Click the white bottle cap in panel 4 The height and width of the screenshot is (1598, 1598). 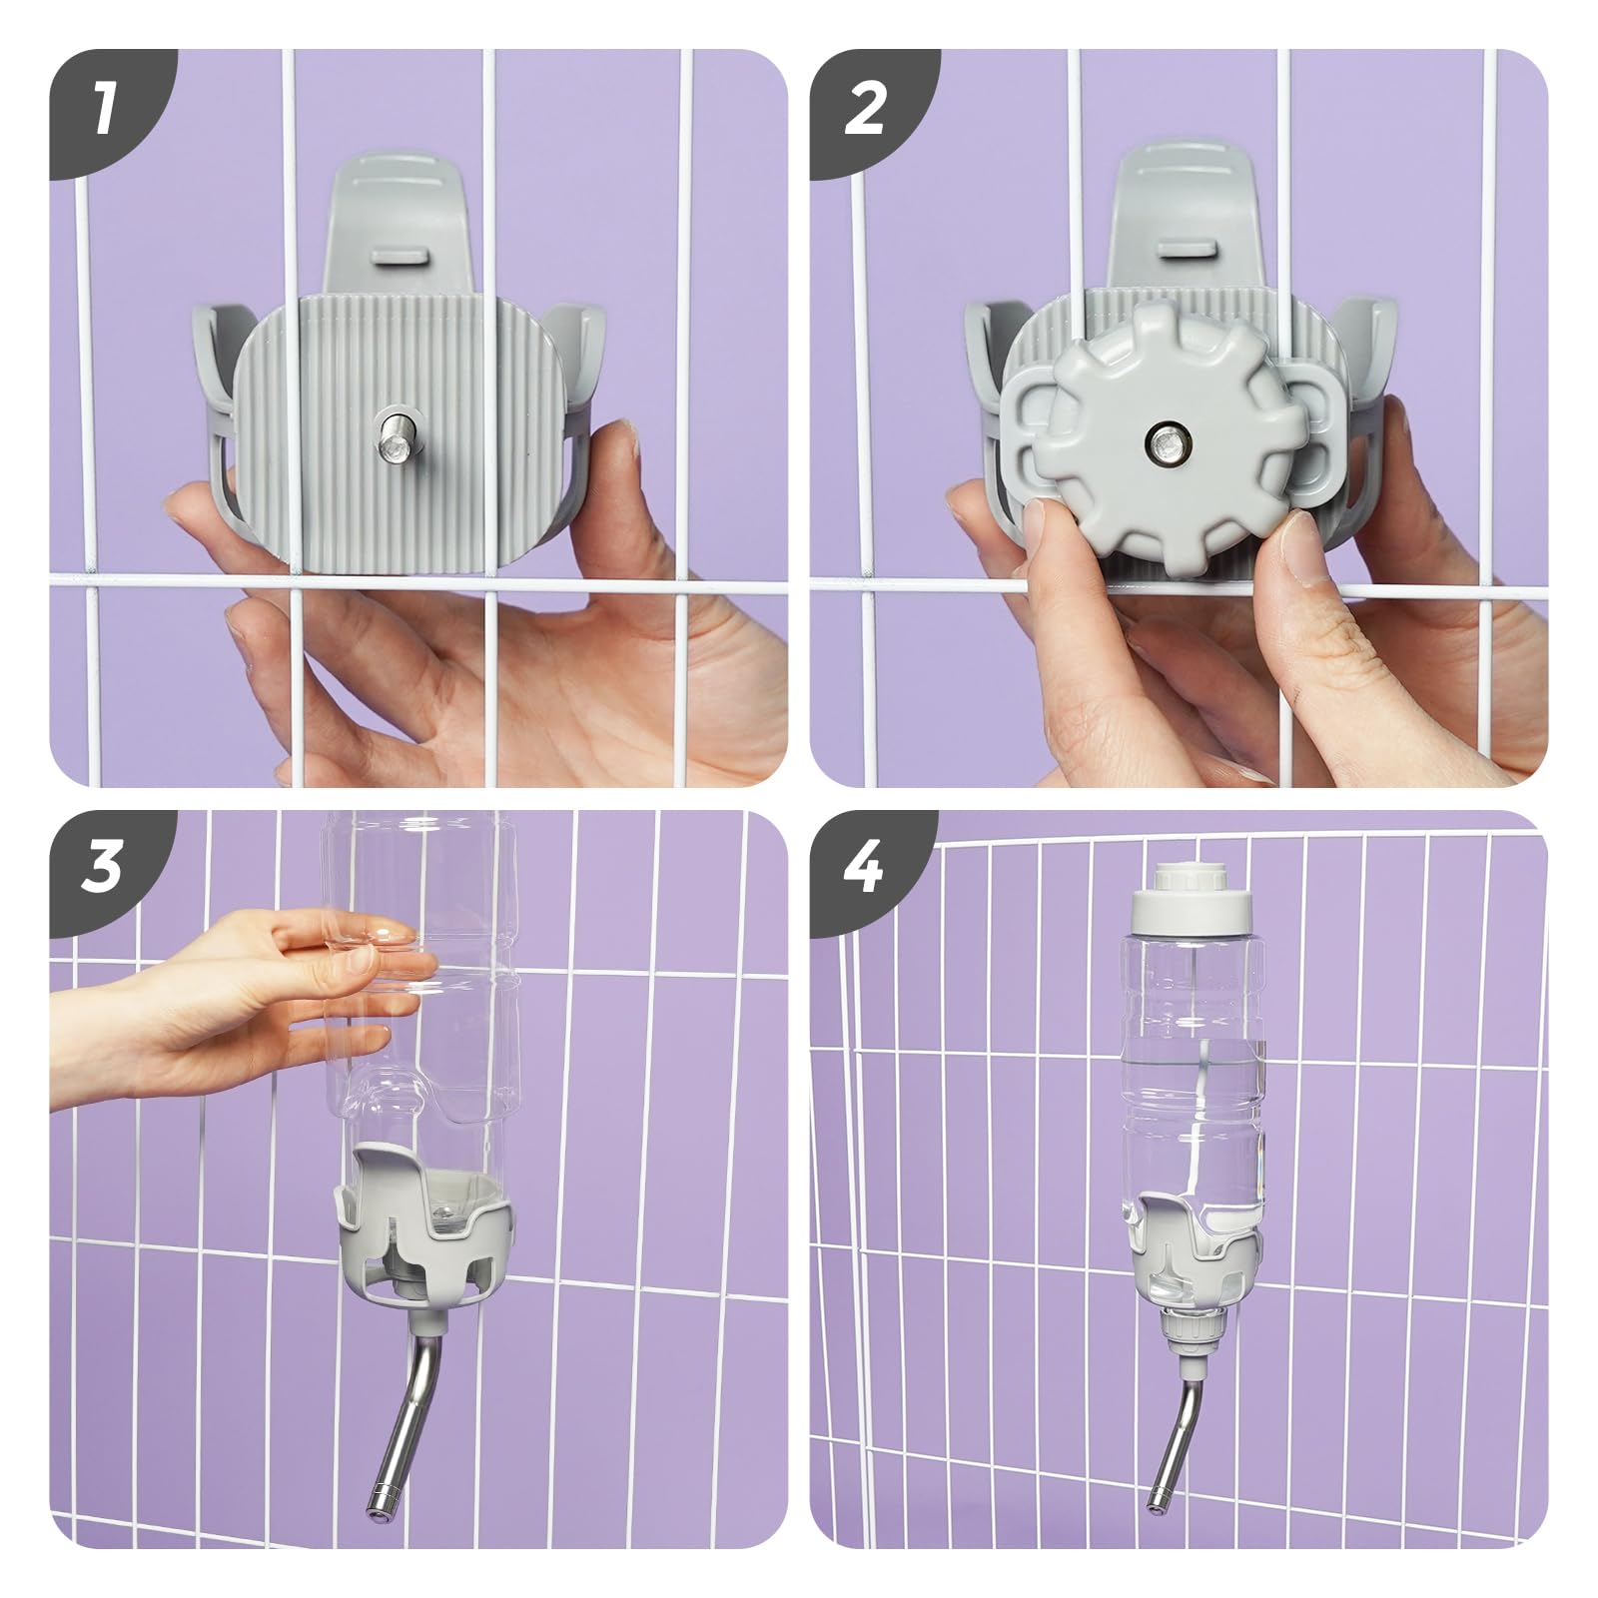point(1192,895)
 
